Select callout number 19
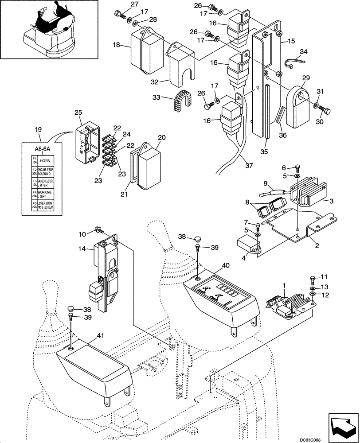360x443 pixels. (39, 130)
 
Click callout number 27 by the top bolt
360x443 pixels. (122, 5)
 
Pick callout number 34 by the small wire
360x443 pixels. (303, 52)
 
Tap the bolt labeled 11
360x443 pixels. (312, 279)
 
